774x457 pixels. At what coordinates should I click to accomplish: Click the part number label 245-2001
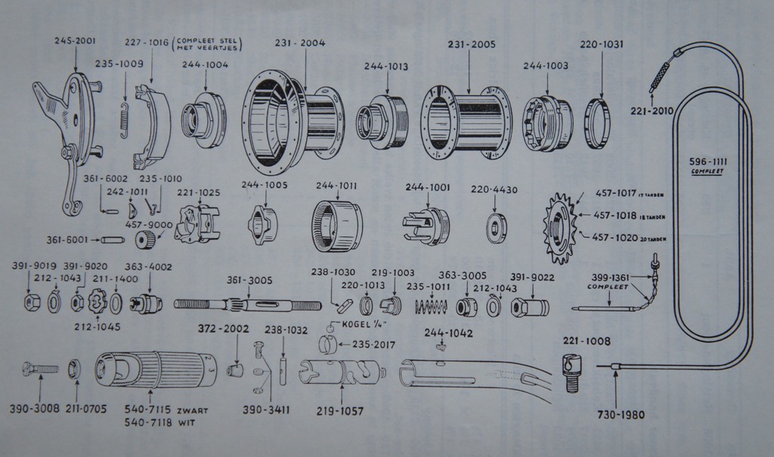point(74,41)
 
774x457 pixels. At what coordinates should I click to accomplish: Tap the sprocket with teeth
point(560,227)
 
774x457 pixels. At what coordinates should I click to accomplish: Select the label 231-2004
point(300,43)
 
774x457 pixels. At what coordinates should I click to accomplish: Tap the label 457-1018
point(615,215)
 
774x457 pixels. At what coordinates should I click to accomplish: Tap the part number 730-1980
point(616,414)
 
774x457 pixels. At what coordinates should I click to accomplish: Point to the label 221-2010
point(652,112)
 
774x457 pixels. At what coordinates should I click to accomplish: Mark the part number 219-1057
point(341,412)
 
